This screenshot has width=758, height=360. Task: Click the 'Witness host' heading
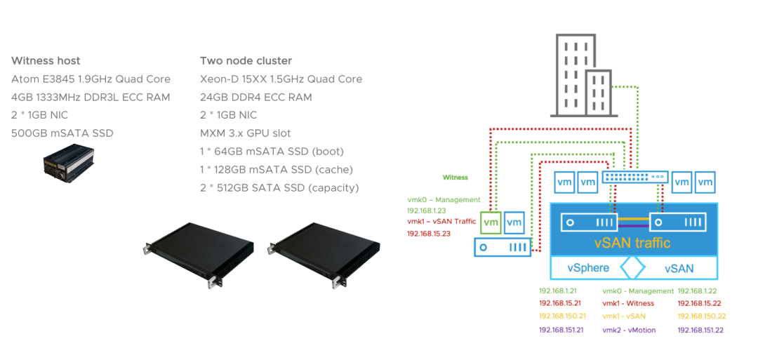coord(46,60)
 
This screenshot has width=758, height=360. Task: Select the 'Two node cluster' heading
coord(246,60)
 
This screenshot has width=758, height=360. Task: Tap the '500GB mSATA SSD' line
coord(62,133)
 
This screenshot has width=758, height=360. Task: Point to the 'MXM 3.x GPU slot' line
coord(245,133)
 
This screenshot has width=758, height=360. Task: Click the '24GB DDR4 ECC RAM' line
coord(255,97)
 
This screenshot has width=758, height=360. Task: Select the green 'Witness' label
coord(455,178)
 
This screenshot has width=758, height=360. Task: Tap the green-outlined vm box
coord(491,222)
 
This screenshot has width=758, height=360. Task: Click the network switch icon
coord(634,178)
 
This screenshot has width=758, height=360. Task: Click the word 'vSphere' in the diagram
coord(588,268)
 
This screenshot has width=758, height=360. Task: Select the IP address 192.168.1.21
coord(557,291)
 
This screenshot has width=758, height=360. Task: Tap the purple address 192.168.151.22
coord(700,330)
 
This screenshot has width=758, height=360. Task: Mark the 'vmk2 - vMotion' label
coord(629,330)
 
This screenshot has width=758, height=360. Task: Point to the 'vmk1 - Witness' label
coord(628,303)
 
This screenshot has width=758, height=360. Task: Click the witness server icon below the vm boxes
coord(502,247)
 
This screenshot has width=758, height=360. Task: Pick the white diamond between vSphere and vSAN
coord(632,268)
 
